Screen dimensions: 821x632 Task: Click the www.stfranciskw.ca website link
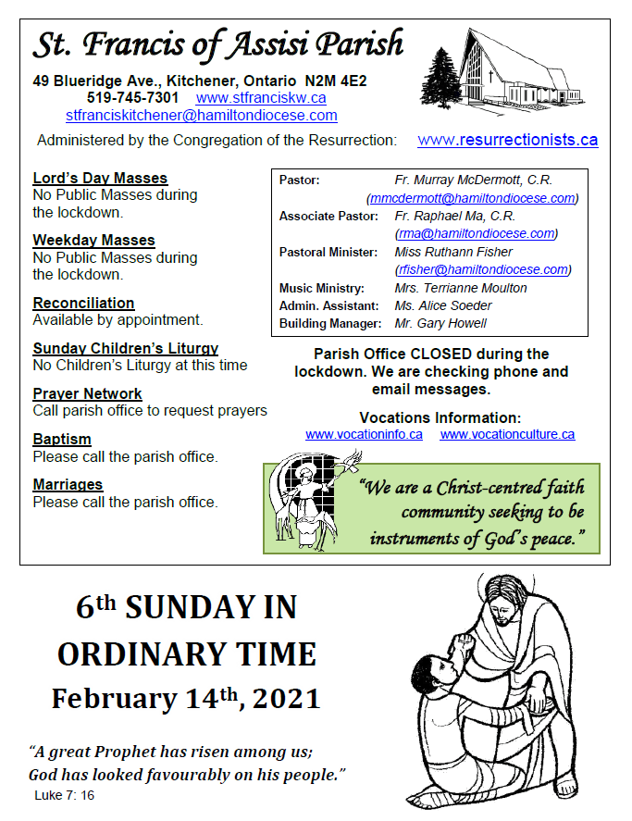(x=261, y=97)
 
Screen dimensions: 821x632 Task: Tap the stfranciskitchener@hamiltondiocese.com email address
(x=202, y=116)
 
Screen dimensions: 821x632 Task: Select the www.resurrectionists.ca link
(x=507, y=141)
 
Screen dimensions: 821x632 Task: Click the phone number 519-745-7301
(x=133, y=97)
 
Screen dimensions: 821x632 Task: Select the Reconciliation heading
(x=83, y=304)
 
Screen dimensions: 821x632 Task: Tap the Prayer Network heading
(x=87, y=394)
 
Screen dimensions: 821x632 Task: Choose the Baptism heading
(x=62, y=440)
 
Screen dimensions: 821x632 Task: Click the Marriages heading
(x=68, y=485)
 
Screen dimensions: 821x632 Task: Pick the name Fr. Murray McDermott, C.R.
(x=473, y=180)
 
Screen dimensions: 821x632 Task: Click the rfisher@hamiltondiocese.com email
(x=482, y=270)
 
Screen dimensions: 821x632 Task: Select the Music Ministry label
(x=322, y=289)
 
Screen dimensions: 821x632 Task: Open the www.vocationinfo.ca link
(x=364, y=434)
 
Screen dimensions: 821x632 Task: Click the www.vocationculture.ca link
(x=507, y=434)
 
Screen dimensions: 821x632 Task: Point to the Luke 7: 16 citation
(x=64, y=796)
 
